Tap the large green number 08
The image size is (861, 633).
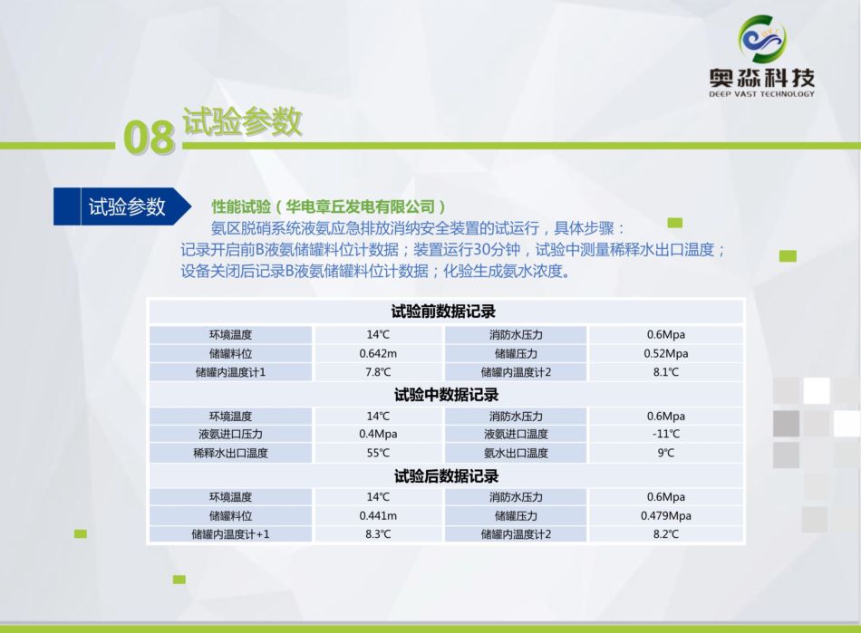pyautogui.click(x=150, y=137)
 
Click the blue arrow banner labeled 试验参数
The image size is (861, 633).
pyautogui.click(x=122, y=206)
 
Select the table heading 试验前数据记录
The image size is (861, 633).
pyautogui.click(x=443, y=312)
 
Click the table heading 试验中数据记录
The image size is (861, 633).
pyautogui.click(x=446, y=395)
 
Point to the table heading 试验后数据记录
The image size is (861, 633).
pyautogui.click(x=446, y=475)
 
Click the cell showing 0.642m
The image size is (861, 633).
pyautogui.click(x=378, y=354)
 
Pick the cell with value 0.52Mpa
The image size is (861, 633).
pyautogui.click(x=665, y=354)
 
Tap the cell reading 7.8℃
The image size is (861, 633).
pyautogui.click(x=378, y=372)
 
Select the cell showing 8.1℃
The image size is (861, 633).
pyautogui.click(x=665, y=372)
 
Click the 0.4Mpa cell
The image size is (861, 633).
pyautogui.click(x=378, y=434)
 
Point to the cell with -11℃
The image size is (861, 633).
pyautogui.click(x=665, y=434)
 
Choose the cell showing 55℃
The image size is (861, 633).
pyautogui.click(x=378, y=453)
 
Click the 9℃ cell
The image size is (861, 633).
pyautogui.click(x=665, y=453)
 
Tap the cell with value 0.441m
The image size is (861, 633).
pyautogui.click(x=378, y=515)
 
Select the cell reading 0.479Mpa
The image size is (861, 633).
pyautogui.click(x=665, y=515)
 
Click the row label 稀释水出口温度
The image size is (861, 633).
pyautogui.click(x=230, y=453)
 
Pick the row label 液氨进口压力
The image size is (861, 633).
pyautogui.click(x=230, y=434)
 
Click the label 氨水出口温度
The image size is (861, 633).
pyautogui.click(x=516, y=453)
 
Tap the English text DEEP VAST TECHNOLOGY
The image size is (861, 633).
pyautogui.click(x=761, y=94)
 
